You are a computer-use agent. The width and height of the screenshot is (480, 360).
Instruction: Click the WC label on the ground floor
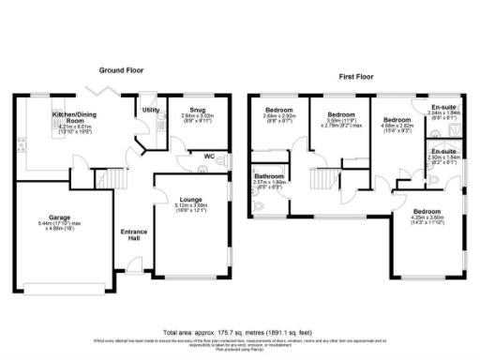211,156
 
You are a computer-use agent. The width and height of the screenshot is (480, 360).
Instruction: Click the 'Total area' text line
240,332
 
